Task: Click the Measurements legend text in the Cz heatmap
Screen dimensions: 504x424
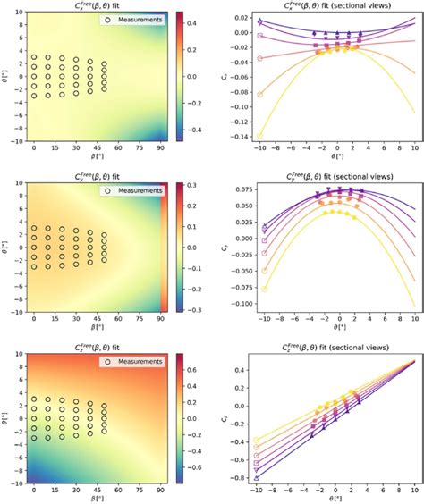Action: coord(137,361)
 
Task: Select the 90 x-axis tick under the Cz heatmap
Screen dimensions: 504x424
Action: coord(162,491)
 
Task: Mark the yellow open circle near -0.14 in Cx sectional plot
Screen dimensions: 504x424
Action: coord(260,136)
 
